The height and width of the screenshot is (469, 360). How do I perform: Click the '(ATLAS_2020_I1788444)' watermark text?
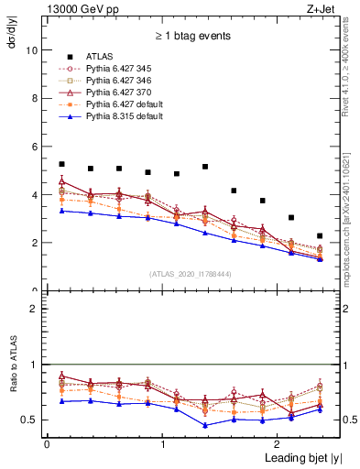coord(190,273)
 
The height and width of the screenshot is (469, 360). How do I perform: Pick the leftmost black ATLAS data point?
coord(61,164)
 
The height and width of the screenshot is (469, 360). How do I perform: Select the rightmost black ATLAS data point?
coord(320,235)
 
